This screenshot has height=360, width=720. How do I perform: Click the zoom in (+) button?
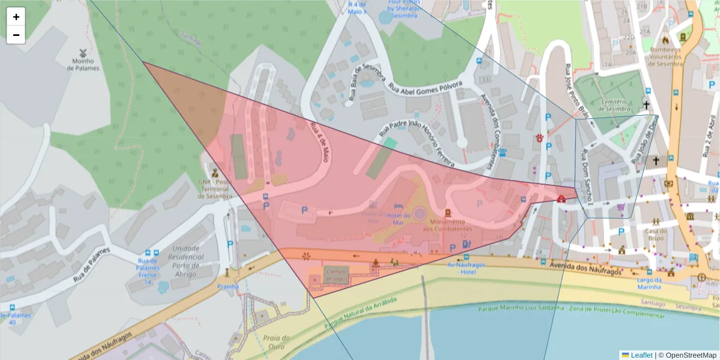pyautogui.click(x=16, y=17)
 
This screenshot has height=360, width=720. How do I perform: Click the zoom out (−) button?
pyautogui.click(x=16, y=35)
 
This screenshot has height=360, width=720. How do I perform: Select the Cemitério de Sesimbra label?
pyautogui.click(x=619, y=105)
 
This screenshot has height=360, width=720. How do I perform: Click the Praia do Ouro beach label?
pyautogui.click(x=277, y=342)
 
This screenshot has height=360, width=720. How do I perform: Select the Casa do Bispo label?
pyautogui.click(x=656, y=235)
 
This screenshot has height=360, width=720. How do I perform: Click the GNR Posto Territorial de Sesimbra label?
pyautogui.click(x=214, y=189)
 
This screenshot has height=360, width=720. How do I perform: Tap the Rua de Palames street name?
pyautogui.click(x=92, y=265)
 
